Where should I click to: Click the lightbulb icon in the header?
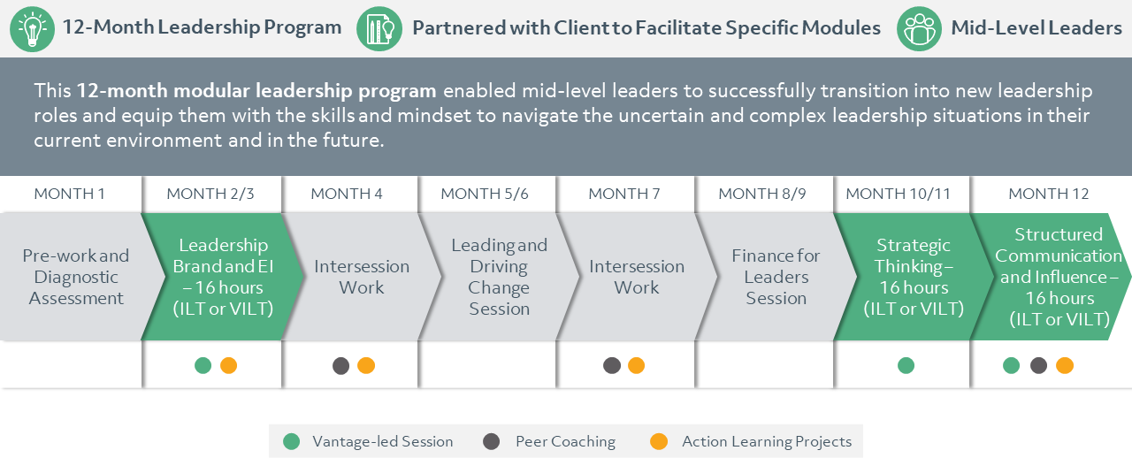pos(33,28)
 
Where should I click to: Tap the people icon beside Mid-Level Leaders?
pos(919,28)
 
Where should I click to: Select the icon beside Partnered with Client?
pos(379,28)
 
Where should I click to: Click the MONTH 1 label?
pos(69,194)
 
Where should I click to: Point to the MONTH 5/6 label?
pos(485,194)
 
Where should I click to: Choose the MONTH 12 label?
pos(1049,194)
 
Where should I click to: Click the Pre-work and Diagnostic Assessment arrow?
pos(76,277)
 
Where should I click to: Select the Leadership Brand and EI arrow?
pos(222,277)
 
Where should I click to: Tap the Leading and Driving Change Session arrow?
pos(499,277)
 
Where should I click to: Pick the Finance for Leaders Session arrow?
pos(776,277)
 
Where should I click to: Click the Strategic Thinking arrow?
pos(913,277)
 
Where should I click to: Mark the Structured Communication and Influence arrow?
pos(1058,277)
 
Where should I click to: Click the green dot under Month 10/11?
pos(906,365)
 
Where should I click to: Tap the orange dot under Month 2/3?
pos(228,365)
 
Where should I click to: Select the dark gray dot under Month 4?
pos(340,365)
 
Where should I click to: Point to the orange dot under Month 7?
pos(636,365)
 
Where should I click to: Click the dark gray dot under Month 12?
pos(1038,365)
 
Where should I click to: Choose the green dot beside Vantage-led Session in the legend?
pos(292,441)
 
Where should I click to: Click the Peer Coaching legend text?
pos(565,441)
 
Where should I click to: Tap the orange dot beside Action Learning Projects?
pos(658,441)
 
